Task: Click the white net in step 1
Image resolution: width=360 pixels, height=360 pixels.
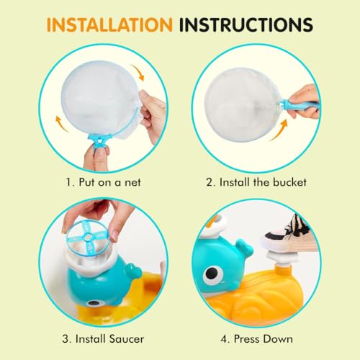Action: [90, 94]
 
